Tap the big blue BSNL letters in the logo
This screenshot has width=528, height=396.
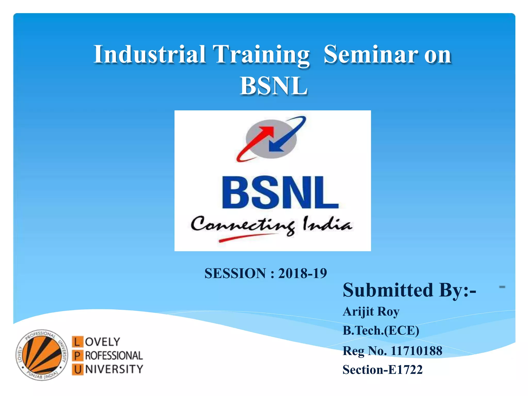(x=280, y=193)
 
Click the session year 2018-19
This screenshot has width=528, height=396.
(x=302, y=273)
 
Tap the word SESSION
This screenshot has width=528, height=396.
(x=235, y=273)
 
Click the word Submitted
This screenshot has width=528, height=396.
(x=388, y=290)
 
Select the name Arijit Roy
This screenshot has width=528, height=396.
(x=371, y=311)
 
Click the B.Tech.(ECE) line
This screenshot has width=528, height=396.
(x=381, y=331)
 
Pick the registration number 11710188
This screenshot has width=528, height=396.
(x=416, y=351)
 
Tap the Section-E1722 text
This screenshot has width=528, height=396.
(x=383, y=370)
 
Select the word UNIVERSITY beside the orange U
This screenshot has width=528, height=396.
(x=114, y=369)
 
